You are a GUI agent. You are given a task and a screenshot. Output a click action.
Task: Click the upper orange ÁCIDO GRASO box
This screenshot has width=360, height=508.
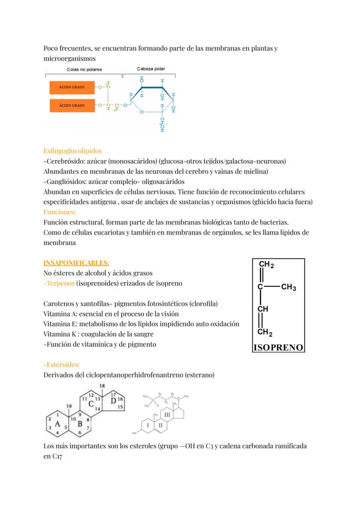[72, 87]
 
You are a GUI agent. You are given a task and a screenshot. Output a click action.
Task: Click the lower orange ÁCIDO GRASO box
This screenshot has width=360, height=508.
[72, 105]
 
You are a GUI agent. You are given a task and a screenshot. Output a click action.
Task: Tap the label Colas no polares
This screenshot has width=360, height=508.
[84, 70]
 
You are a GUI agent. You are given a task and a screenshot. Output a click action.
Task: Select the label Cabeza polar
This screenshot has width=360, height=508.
[151, 69]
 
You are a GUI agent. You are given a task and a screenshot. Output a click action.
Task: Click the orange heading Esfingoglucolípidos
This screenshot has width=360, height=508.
[73, 151]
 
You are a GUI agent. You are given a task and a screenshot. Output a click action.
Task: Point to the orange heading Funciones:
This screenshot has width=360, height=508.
[60, 212]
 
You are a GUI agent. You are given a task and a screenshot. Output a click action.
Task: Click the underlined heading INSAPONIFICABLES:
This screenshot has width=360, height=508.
[77, 263]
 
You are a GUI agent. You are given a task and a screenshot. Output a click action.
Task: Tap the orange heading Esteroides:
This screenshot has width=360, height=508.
[62, 365]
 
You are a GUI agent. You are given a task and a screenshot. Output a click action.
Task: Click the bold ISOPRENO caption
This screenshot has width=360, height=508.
[278, 347]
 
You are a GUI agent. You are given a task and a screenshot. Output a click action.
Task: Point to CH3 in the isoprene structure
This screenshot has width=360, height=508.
[289, 287]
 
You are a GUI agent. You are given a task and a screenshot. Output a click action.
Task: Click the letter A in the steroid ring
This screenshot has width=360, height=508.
[57, 425]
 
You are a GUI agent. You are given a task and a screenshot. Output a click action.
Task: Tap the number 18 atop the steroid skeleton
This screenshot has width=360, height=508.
[102, 385]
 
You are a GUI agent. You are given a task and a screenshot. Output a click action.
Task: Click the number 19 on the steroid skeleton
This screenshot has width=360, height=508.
[69, 406]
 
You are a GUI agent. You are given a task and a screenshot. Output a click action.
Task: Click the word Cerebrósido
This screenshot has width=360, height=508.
[64, 161]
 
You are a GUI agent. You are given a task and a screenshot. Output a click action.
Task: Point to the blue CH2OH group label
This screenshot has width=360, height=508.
[161, 124]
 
